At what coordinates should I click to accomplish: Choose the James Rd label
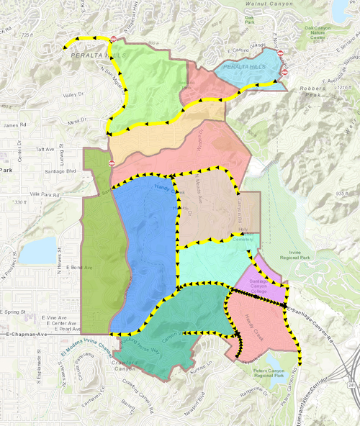[x=14, y=127]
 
